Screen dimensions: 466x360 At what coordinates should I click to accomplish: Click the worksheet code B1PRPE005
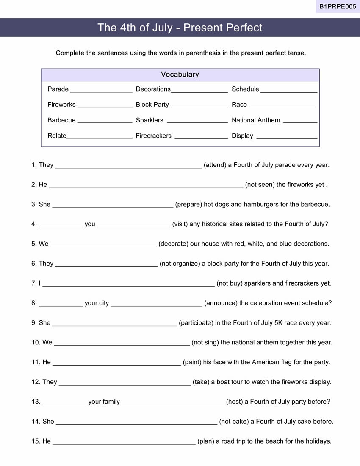click(338, 6)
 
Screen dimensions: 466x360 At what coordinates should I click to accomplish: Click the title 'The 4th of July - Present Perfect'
click(180, 28)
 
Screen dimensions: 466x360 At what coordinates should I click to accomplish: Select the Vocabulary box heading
click(180, 75)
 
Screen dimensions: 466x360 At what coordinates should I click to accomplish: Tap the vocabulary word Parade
click(58, 89)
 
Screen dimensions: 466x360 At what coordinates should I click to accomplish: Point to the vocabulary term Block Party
click(152, 105)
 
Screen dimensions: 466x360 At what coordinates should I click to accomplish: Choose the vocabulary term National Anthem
click(256, 120)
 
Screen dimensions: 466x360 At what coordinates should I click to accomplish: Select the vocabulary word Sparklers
click(150, 120)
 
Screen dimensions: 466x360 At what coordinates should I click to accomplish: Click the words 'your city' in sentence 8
click(97, 303)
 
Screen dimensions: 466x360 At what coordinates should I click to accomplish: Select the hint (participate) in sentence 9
click(196, 323)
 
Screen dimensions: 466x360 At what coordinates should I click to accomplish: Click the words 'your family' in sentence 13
click(104, 402)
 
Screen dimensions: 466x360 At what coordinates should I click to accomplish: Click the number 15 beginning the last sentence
click(36, 441)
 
